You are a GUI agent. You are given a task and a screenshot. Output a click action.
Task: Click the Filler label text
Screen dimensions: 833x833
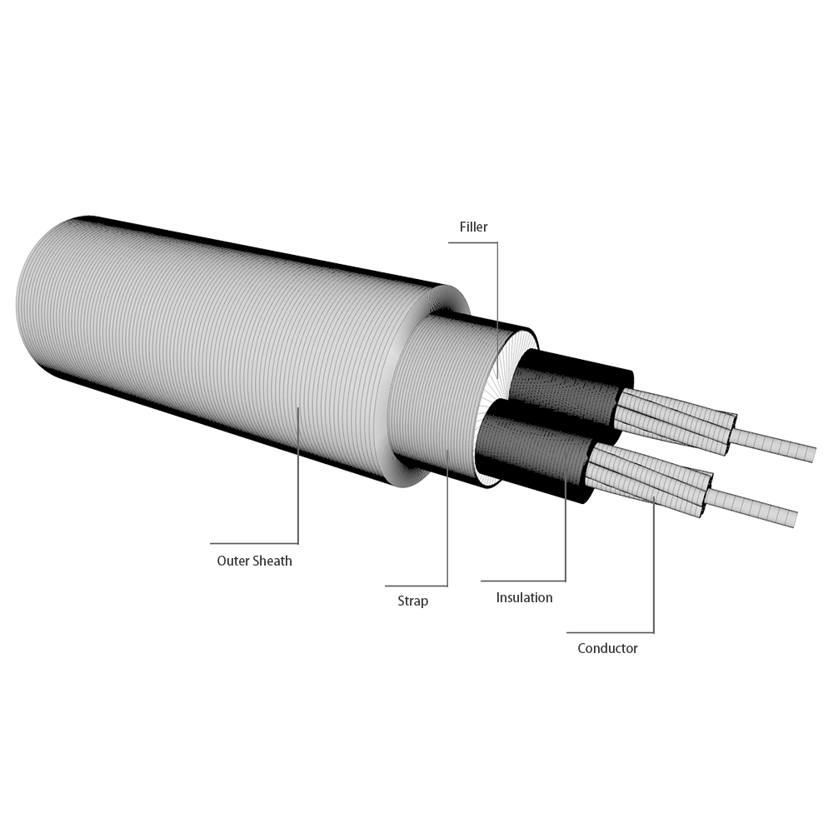tap(474, 227)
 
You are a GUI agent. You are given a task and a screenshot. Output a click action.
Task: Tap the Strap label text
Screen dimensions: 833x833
tap(412, 601)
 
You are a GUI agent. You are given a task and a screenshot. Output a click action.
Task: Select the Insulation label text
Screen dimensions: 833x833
tap(524, 597)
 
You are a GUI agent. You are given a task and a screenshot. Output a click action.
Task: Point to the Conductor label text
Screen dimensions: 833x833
tap(607, 648)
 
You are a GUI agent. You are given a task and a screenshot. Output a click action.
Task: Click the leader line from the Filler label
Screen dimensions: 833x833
tap(497, 300)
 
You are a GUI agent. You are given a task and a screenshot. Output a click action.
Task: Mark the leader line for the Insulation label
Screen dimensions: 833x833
tap(566, 533)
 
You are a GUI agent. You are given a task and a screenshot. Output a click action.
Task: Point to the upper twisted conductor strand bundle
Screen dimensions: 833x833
tap(675, 421)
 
